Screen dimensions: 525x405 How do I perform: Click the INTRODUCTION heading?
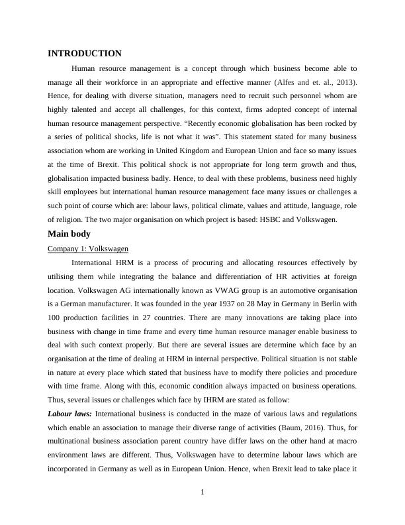pyautogui.click(x=85, y=54)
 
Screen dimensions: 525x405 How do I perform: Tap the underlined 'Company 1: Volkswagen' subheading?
pyautogui.click(x=88, y=249)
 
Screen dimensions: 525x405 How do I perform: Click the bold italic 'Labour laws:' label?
pyautogui.click(x=70, y=413)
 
